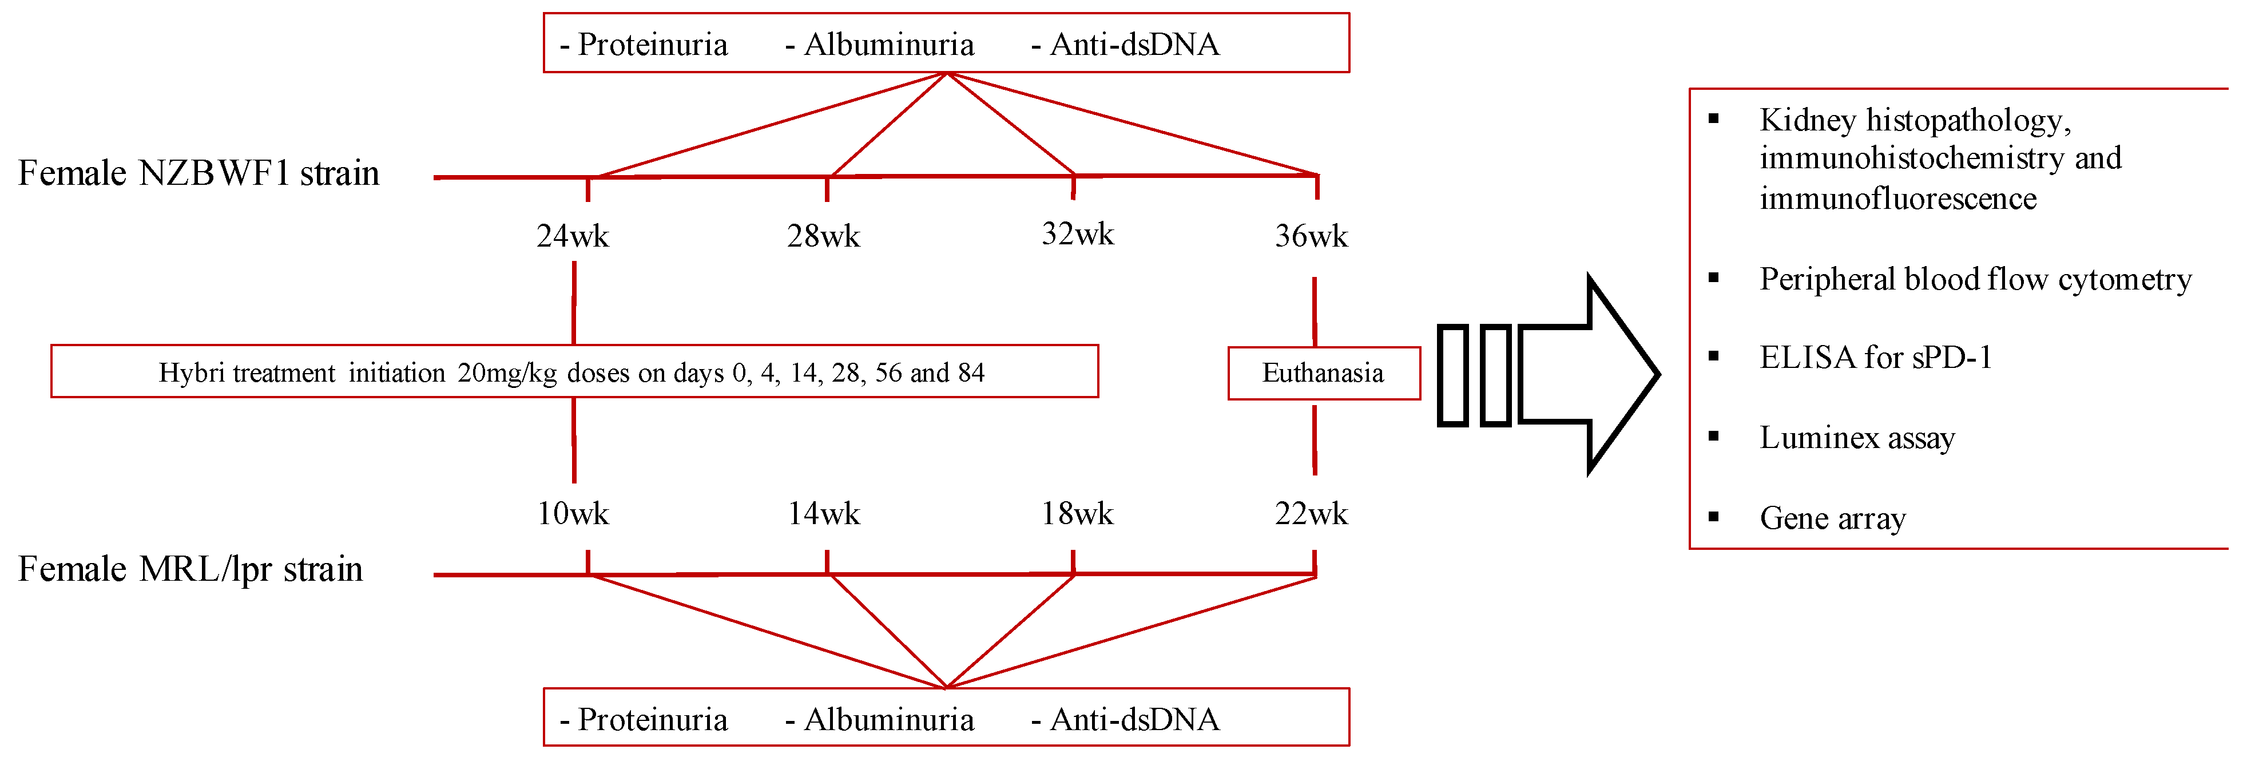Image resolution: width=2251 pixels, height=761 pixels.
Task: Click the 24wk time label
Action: pyautogui.click(x=573, y=236)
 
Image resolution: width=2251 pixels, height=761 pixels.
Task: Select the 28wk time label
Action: pyautogui.click(x=823, y=236)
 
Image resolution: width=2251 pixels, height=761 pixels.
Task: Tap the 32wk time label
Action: pyautogui.click(x=1077, y=234)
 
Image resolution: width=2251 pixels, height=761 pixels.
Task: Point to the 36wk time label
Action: pyautogui.click(x=1311, y=236)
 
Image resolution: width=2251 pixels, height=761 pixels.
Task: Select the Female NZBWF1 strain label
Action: pyautogui.click(x=198, y=173)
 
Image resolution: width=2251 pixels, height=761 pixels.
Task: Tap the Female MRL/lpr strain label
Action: pyautogui.click(x=189, y=569)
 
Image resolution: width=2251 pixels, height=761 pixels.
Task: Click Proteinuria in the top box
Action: pyautogui.click(x=652, y=45)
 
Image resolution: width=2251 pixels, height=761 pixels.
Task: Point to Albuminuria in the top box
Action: pyautogui.click(x=888, y=45)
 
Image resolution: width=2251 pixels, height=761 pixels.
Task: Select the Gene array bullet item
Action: pyautogui.click(x=1832, y=518)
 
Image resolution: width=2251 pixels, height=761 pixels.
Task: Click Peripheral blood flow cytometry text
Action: pyautogui.click(x=1975, y=279)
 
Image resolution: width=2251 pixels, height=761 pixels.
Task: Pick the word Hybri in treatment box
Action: pyautogui.click(x=185, y=373)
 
